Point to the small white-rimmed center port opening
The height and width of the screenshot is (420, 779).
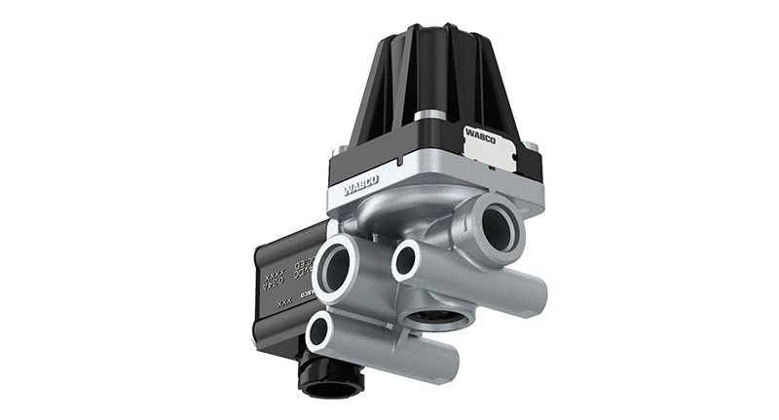pyautogui.click(x=405, y=259)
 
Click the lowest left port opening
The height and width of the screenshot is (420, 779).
pyautogui.click(x=320, y=332)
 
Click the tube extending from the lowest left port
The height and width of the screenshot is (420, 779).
pyautogui.click(x=389, y=345)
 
